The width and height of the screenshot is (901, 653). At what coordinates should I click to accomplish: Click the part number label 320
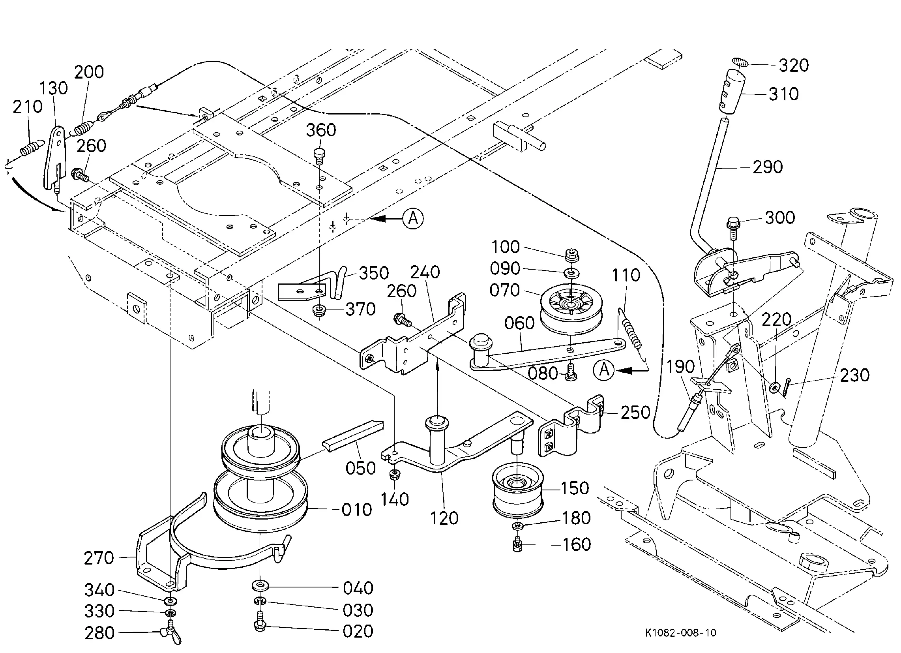click(793, 66)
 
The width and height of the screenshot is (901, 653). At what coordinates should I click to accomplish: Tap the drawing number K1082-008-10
click(680, 633)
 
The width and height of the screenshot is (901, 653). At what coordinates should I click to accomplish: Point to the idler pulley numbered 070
click(571, 309)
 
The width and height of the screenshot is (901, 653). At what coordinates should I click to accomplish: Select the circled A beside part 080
click(603, 370)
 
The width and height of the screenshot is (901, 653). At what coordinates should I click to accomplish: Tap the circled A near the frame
click(413, 219)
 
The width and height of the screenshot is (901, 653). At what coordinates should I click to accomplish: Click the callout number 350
click(374, 274)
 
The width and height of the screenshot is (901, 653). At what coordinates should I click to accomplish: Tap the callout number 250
click(635, 413)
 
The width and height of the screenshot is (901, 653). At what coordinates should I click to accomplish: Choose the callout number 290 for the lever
click(768, 167)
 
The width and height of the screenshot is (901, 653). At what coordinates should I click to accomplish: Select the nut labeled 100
click(571, 255)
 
